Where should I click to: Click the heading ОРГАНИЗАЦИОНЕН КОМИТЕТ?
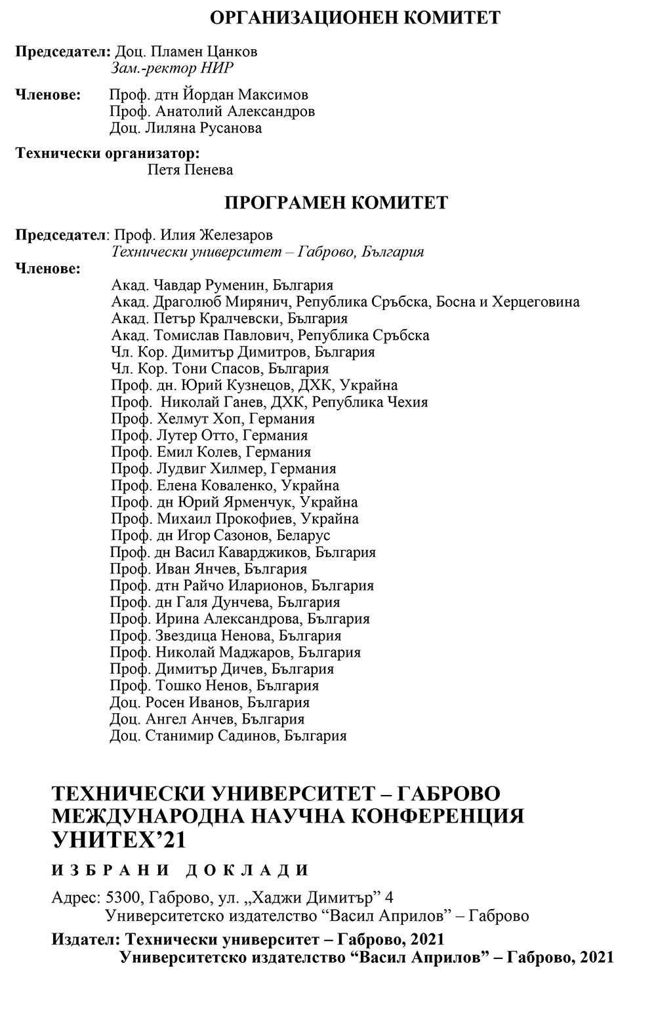pos(355,18)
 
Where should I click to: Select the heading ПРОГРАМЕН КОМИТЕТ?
pos(337,203)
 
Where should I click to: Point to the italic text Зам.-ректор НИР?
pos(173,68)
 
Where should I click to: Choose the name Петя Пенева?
pos(191,170)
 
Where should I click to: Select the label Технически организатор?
pos(108,153)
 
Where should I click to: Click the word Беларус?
pos(303,535)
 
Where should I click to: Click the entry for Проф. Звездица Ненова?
pos(192,636)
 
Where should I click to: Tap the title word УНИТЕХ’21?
pos(118,840)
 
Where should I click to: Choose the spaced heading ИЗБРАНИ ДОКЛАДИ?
pos(180,870)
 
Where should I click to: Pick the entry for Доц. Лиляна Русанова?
pos(186,128)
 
